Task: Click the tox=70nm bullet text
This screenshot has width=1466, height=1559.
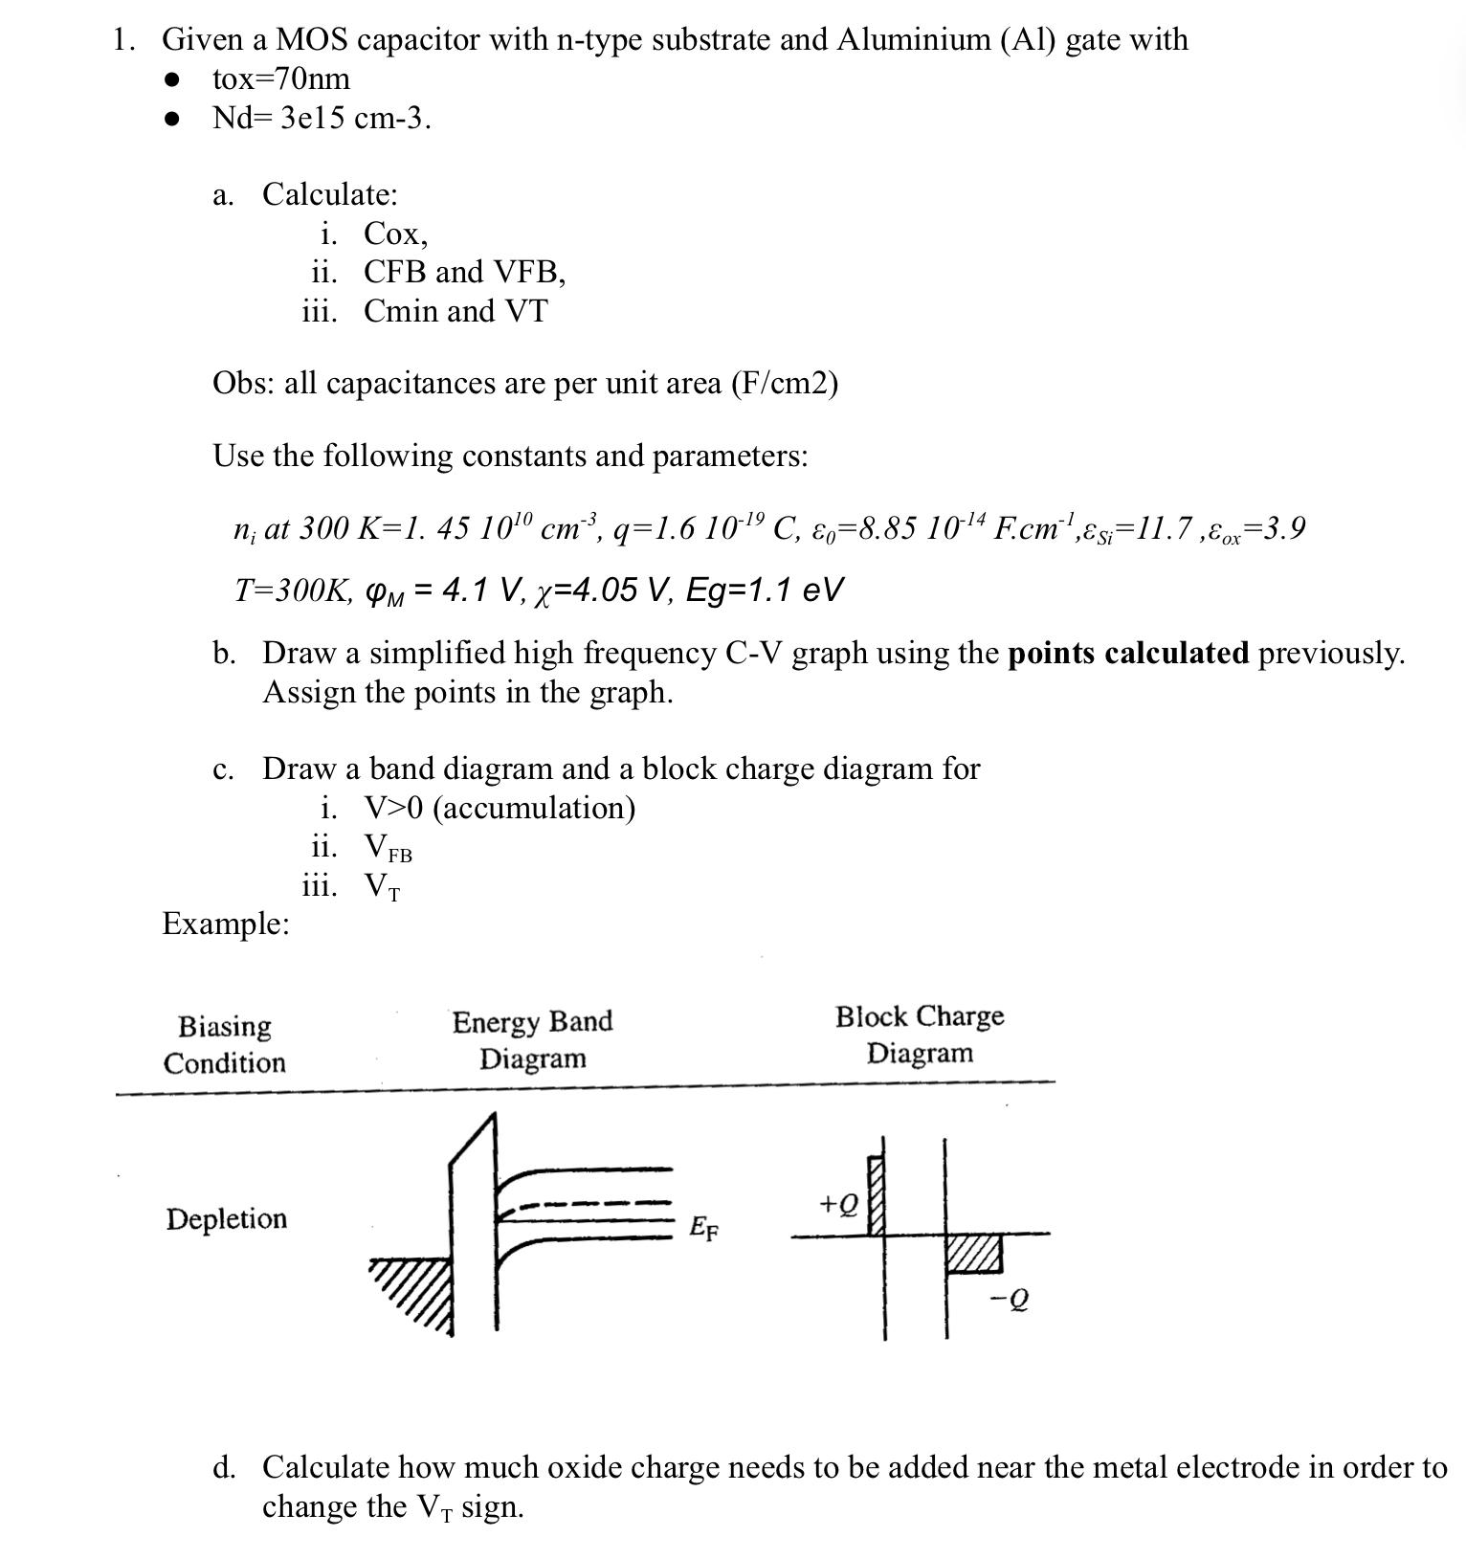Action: [x=280, y=78]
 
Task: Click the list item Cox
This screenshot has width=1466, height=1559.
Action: [x=395, y=234]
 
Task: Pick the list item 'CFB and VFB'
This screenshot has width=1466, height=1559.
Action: [x=464, y=273]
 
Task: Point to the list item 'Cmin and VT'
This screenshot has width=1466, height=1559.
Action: [x=455, y=312]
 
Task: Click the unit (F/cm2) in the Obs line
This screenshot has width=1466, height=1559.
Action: [x=784, y=384]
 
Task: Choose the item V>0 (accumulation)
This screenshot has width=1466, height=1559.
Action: [x=499, y=809]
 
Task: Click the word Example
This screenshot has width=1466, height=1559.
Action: [x=225, y=924]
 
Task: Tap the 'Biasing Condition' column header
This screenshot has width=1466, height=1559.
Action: [x=224, y=1044]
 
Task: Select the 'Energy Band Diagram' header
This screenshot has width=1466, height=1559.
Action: [x=532, y=1040]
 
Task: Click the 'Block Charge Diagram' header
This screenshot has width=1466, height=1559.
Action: [x=920, y=1035]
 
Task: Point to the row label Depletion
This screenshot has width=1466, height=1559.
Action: [x=226, y=1219]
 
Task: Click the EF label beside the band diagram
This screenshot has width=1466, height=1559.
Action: [x=703, y=1228]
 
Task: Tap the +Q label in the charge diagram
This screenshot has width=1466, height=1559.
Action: [x=838, y=1202]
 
